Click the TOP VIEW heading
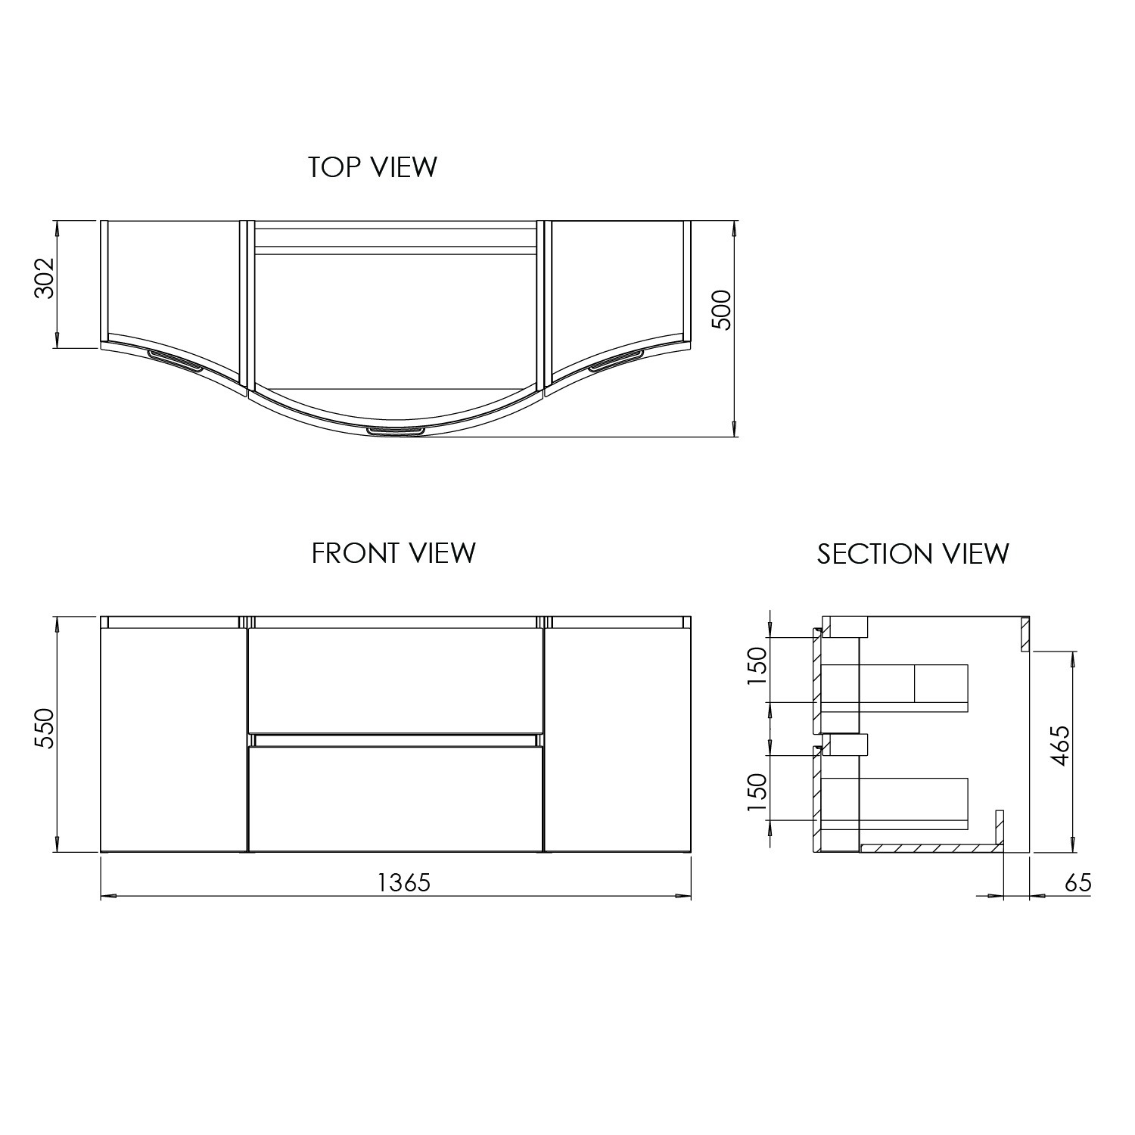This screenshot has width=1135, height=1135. tap(372, 167)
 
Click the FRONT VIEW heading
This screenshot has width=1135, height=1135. tap(393, 553)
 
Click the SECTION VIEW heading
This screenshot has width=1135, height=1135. tap(913, 554)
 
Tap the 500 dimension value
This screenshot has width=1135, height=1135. tap(723, 309)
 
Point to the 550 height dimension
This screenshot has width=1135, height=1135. tap(45, 728)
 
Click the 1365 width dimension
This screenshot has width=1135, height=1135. tap(404, 882)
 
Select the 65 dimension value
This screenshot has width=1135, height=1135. tap(1077, 883)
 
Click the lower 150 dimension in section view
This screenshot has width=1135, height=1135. tap(757, 791)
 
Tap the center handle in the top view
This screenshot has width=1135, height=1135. tap(396, 431)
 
